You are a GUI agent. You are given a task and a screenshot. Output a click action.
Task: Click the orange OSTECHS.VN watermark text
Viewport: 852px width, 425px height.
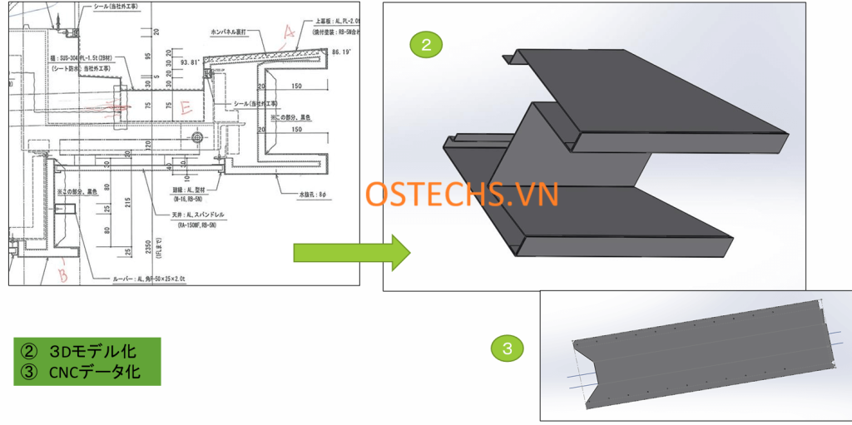[462, 195]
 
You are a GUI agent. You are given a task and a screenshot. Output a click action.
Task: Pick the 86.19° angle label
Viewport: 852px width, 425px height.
[342, 52]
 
